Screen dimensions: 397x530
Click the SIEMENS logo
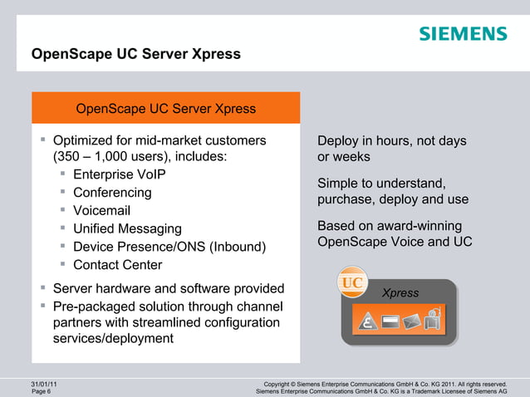462,34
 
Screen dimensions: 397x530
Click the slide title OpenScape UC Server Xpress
135,55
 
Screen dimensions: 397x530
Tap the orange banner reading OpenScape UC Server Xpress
165,109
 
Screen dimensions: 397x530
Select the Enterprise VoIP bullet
119,174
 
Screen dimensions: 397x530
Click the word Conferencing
112,193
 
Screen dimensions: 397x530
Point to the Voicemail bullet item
101,211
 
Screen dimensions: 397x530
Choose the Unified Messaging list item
126,229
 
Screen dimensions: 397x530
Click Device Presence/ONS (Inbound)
169,248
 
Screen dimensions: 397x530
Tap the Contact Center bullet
117,266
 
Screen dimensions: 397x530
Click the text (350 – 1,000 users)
117,156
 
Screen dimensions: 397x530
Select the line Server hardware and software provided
168,289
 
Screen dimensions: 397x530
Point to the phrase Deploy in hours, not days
391,141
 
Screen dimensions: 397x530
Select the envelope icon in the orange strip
413,320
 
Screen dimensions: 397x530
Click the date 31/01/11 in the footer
44,384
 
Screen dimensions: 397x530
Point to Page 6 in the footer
41,392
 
